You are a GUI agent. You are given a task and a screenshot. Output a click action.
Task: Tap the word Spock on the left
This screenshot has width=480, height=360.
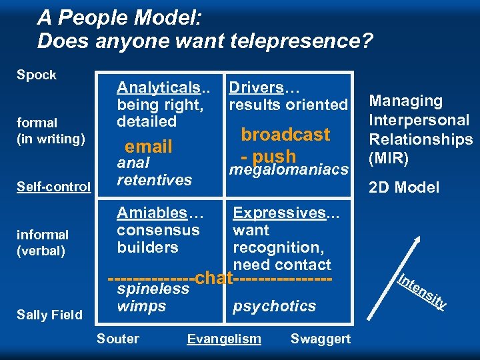pyautogui.click(x=37, y=75)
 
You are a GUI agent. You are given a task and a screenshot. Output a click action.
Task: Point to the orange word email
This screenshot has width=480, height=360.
pyautogui.click(x=149, y=146)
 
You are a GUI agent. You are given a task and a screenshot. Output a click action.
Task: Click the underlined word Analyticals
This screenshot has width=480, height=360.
pyautogui.click(x=159, y=87)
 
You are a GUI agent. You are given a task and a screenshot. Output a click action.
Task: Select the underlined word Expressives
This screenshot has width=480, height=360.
pyautogui.click(x=279, y=213)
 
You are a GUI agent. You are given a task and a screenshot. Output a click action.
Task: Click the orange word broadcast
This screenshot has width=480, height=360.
pyautogui.click(x=285, y=135)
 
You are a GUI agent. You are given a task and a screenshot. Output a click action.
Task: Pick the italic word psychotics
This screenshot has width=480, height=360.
pyautogui.click(x=274, y=306)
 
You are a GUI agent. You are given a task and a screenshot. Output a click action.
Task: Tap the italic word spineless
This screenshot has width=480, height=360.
pyautogui.click(x=153, y=289)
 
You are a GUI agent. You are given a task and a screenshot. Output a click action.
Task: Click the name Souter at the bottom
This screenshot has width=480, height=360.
pyautogui.click(x=118, y=339)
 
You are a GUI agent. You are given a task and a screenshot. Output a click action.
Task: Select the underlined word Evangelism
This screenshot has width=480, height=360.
pyautogui.click(x=224, y=339)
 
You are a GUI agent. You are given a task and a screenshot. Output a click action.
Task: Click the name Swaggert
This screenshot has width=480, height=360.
pyautogui.click(x=320, y=339)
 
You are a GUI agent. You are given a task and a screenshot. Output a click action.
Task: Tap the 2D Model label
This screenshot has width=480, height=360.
pyautogui.click(x=405, y=187)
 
